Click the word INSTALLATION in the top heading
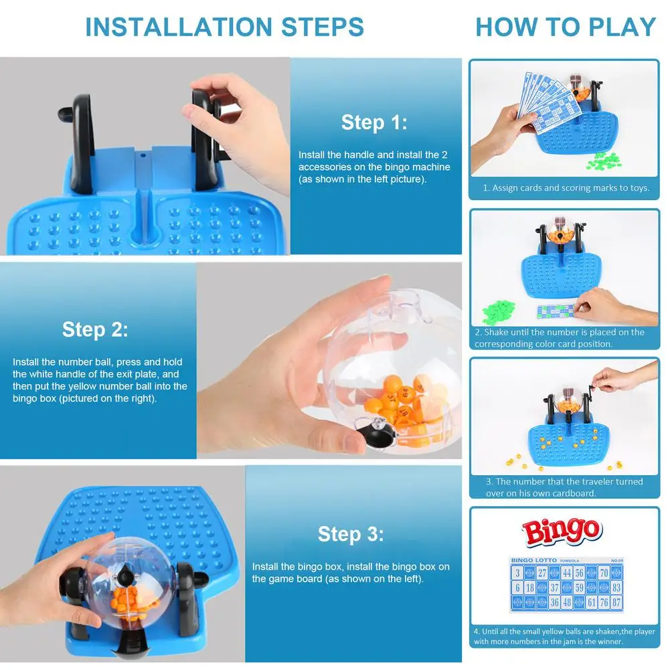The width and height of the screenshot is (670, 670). click(x=179, y=27)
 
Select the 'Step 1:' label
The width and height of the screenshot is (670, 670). click(x=374, y=122)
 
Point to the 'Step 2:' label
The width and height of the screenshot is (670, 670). click(x=95, y=329)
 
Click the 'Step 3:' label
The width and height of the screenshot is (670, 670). click(x=350, y=534)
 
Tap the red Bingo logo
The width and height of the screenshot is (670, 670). click(x=562, y=532)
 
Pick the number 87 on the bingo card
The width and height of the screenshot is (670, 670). click(x=616, y=602)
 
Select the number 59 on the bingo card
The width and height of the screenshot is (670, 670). click(x=579, y=588)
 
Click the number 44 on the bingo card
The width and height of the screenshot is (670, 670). click(x=567, y=572)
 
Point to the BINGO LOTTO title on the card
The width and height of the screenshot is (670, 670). click(x=533, y=560)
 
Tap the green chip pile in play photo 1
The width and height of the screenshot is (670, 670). click(x=604, y=161)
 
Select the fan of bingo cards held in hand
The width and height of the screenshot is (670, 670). click(x=548, y=101)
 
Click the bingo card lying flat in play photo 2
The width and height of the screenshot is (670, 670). click(x=556, y=311)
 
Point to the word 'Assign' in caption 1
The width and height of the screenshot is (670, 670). click(x=503, y=188)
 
